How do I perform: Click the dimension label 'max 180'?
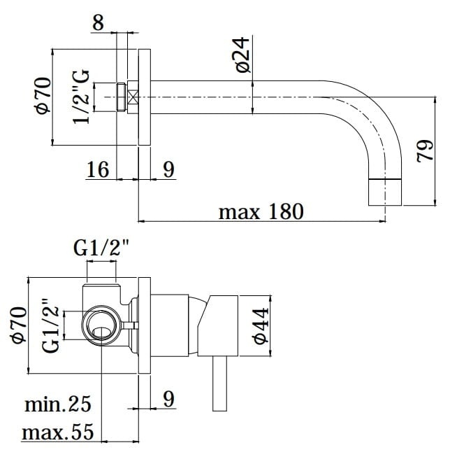click(x=261, y=211)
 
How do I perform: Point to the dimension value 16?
click(x=98, y=169)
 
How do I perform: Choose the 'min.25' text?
click(x=58, y=404)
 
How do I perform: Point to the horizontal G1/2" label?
click(x=101, y=248)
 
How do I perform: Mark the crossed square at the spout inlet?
click(x=133, y=97)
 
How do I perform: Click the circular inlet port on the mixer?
click(x=101, y=325)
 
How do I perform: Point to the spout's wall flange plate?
click(x=145, y=97)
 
